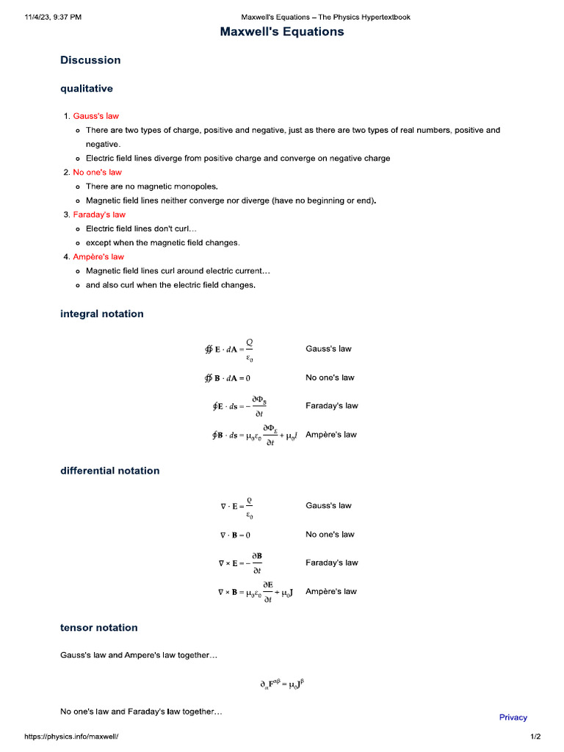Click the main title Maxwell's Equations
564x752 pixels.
tap(282, 32)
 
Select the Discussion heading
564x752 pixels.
tap(90, 60)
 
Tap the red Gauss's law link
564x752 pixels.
tap(95, 116)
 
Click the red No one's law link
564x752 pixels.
tap(97, 173)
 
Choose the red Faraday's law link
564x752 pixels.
tap(99, 214)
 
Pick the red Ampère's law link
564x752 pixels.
tap(98, 257)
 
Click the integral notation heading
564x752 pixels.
tap(101, 314)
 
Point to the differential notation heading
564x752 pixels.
tap(109, 471)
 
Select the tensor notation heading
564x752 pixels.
tap(98, 628)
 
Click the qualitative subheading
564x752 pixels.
tap(87, 89)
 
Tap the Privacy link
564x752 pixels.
tap(513, 717)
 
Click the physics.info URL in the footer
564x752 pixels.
tap(71, 737)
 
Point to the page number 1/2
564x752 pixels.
tap(535, 737)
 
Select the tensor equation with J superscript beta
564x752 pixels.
tap(282, 684)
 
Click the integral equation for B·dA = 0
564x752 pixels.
tap(228, 378)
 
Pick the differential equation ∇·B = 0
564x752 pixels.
tap(236, 535)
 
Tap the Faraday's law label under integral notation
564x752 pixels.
tap(331, 406)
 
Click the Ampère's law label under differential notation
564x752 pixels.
tap(330, 591)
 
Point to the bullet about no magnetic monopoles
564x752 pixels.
tap(151, 187)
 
